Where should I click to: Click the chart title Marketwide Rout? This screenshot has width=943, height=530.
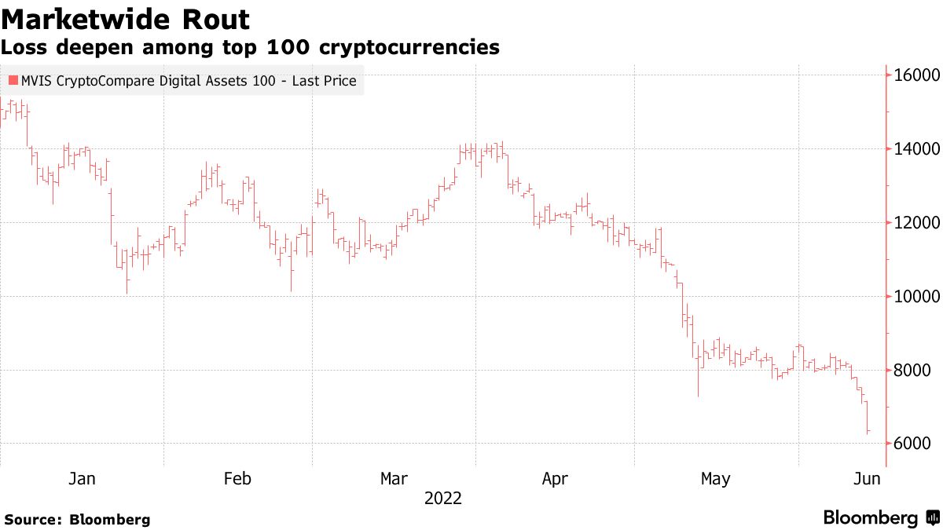pos(125,19)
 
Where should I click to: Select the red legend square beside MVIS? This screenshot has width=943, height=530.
pos(13,80)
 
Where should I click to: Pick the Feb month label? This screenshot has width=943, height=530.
pos(237,478)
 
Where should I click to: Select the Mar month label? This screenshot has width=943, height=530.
pos(394,478)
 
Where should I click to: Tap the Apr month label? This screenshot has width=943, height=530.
pos(555,478)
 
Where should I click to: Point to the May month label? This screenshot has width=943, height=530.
pos(715,478)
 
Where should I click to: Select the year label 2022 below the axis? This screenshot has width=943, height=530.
pos(443,499)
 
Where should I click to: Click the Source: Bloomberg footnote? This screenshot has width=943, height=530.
pos(76,520)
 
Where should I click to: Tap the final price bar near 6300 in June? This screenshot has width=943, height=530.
pos(868,431)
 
